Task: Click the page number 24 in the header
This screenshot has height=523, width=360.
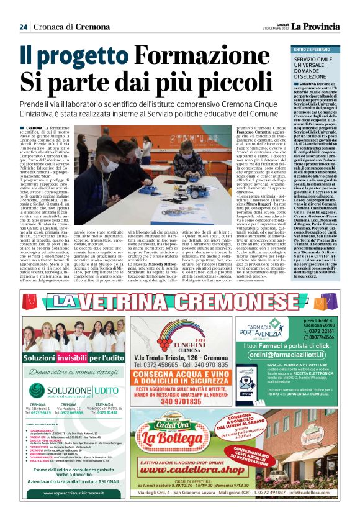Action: pyautogui.click(x=23, y=27)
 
